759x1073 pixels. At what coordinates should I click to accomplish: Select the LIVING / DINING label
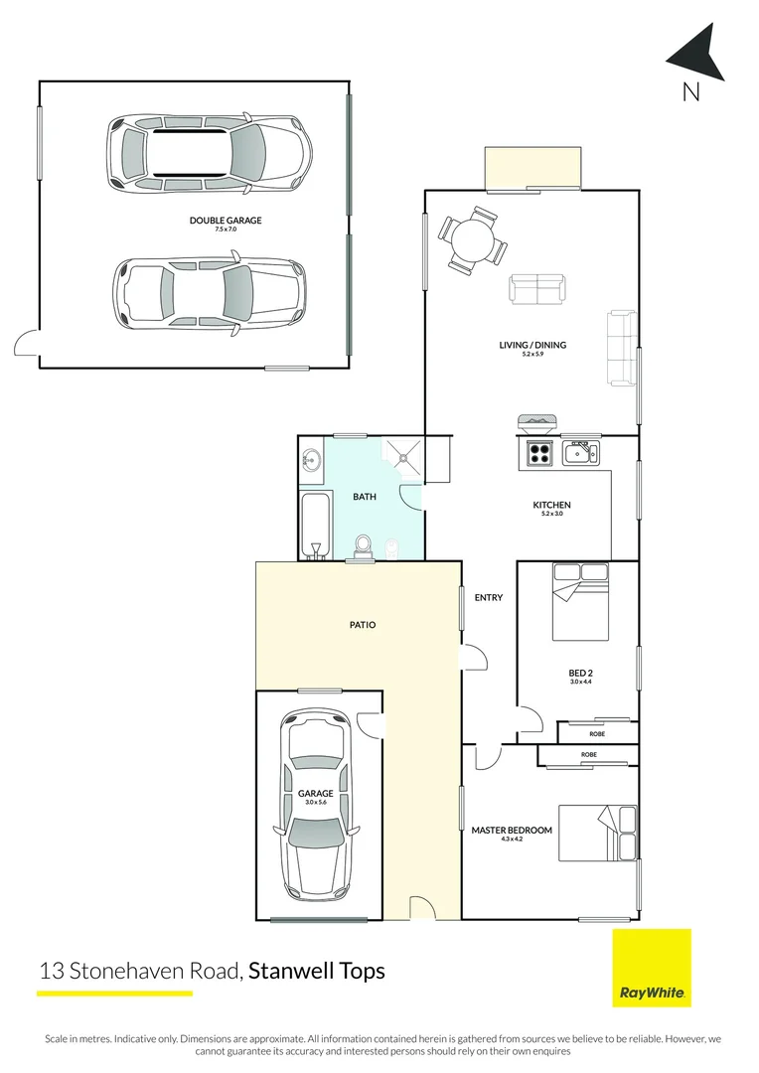pos(532,345)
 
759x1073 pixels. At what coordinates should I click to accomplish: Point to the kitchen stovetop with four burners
pos(539,453)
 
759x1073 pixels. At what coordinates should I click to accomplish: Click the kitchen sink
pos(577,454)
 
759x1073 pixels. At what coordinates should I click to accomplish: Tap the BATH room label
pos(364,497)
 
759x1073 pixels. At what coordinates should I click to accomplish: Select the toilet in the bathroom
pos(364,546)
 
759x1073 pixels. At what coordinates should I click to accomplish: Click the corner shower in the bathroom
pos(403,455)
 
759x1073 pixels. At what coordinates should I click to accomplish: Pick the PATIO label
pos(362,625)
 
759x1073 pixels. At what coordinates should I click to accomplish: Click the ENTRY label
pos(489,597)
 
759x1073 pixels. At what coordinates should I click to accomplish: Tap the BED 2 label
pos(580,673)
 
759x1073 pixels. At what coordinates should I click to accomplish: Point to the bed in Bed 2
pos(581,601)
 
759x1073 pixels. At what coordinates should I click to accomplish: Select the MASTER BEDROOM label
pos(512,830)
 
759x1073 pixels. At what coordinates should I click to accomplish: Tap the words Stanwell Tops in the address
pos(316,970)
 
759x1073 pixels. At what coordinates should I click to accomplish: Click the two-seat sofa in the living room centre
pos(537,289)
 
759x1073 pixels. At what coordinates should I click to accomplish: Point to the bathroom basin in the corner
pos(311,459)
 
